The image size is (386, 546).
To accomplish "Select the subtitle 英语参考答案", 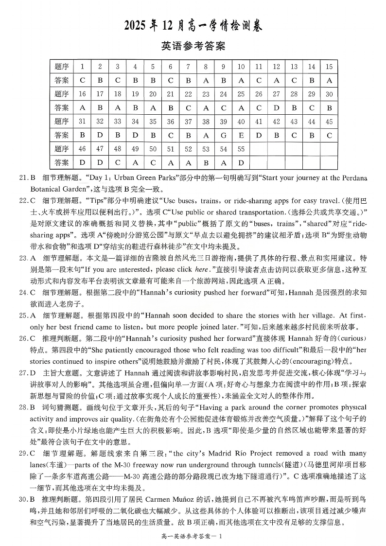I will click(193, 46).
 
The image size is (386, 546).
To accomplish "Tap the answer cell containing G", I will click(223, 135).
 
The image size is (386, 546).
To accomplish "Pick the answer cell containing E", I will click(241, 135).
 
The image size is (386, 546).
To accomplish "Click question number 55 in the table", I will click(241, 149).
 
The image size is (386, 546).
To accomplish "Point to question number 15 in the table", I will click(329, 67).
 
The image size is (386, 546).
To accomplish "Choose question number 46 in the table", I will click(82, 149).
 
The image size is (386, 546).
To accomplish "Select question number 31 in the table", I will click(82, 122).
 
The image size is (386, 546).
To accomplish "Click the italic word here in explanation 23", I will click(201, 268).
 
